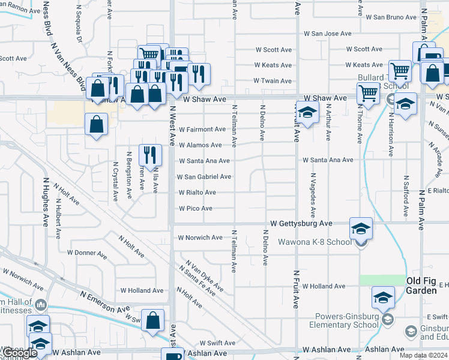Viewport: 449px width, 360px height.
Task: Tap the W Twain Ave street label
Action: (273, 80)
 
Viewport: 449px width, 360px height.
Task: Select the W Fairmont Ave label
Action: (201, 129)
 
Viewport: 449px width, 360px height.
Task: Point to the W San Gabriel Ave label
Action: (203, 177)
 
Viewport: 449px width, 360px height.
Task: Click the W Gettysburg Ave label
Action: (301, 223)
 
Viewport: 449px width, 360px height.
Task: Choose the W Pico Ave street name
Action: (195, 209)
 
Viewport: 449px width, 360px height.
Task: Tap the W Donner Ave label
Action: (86, 253)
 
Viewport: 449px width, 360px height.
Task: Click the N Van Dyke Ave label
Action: (204, 277)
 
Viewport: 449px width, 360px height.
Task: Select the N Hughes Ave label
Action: (45, 201)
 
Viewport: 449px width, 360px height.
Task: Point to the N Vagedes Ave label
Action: (313, 196)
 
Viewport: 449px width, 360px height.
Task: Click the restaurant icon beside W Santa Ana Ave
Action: (150, 155)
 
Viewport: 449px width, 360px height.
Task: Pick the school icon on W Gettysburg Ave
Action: (361, 228)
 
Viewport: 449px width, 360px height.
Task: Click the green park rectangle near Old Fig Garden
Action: (382, 280)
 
